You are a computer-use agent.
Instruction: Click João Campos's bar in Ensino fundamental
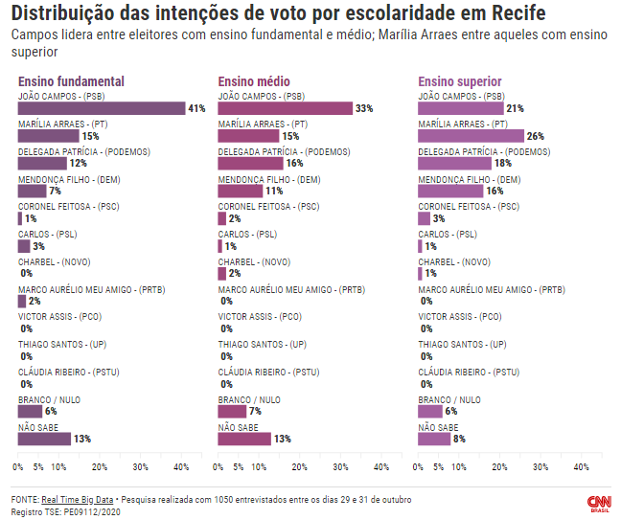(x=101, y=109)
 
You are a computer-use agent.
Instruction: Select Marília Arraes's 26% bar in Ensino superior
(x=471, y=136)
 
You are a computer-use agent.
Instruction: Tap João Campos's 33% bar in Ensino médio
(x=285, y=109)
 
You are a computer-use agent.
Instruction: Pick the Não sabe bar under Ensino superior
(x=434, y=440)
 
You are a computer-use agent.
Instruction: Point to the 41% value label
(x=196, y=109)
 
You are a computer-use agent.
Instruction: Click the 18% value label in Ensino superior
(x=503, y=164)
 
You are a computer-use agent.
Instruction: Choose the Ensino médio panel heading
(x=254, y=81)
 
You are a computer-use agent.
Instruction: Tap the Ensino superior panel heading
(x=460, y=81)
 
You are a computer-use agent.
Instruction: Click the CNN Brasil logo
(x=599, y=503)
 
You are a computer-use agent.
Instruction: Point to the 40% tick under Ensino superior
(x=581, y=467)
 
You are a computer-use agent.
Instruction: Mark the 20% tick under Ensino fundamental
(x=99, y=467)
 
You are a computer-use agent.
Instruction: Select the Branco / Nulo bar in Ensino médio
(x=232, y=412)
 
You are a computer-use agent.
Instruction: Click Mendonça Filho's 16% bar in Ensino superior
(x=450, y=192)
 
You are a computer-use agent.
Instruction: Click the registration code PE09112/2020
(x=93, y=512)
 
